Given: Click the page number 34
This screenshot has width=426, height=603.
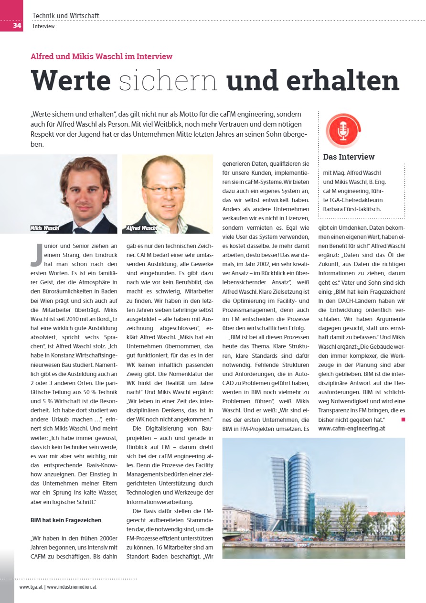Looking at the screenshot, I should (17, 25).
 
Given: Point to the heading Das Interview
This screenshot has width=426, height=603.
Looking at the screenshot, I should (349, 157).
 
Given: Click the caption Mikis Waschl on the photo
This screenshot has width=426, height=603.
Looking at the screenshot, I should (44, 228).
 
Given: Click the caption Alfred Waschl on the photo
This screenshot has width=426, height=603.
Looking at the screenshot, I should (142, 228).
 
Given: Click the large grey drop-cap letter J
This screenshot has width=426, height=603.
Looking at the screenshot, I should (36, 256).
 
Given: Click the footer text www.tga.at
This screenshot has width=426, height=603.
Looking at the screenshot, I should (31, 587).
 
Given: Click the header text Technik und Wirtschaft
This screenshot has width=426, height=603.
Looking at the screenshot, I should (66, 16).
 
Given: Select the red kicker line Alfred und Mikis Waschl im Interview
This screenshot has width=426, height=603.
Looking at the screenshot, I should (101, 56).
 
